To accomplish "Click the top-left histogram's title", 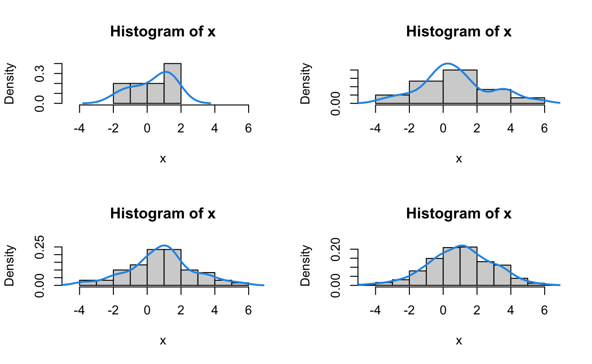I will tap(163, 32).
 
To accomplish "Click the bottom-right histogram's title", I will tap(459, 214).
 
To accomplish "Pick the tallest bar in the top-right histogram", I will tap(460, 86).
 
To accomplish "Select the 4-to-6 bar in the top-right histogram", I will tap(527, 101).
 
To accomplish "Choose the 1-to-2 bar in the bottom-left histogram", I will tap(173, 267).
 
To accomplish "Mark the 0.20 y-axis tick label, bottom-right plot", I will tap(336, 248).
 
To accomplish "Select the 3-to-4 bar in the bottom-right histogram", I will tap(502, 275).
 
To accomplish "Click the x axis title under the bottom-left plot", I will tap(163, 340).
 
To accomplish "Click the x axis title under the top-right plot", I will tap(459, 158).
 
